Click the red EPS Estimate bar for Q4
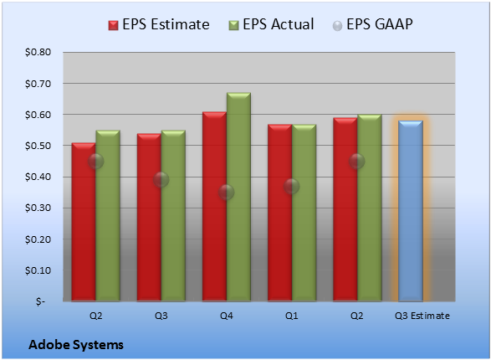click(214, 207)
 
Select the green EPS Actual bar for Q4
click(238, 197)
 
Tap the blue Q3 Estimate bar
click(411, 211)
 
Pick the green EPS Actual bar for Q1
click(304, 213)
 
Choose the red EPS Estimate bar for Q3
click(149, 218)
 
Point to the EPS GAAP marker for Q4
click(226, 192)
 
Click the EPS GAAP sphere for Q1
click(292, 187)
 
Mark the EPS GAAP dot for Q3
click(161, 179)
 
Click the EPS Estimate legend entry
click(159, 24)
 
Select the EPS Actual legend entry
click(271, 24)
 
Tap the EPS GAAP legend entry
click(372, 24)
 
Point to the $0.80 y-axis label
click(38, 52)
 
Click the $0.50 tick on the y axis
click(38, 146)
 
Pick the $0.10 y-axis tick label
click(38, 270)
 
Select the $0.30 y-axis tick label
click(38, 208)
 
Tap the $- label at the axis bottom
click(40, 301)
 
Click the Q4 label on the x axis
click(227, 316)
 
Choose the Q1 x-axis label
click(292, 316)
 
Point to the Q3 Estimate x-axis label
click(422, 316)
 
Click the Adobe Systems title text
click(76, 345)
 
